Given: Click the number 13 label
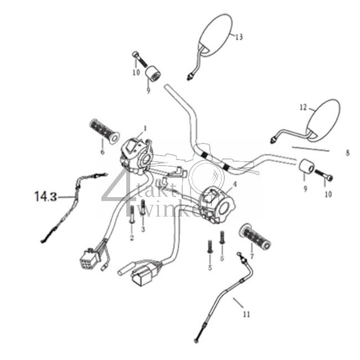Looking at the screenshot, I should pyautogui.click(x=239, y=38).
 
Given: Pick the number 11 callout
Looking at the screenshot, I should pyautogui.click(x=246, y=314).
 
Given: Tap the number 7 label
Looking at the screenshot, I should pyautogui.click(x=252, y=256).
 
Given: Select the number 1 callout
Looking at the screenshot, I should pyautogui.click(x=145, y=128).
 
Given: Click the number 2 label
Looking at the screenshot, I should pyautogui.click(x=132, y=238).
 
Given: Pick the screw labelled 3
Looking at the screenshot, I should pyautogui.click(x=143, y=210).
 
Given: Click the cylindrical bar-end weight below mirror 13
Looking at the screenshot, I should pyautogui.click(x=152, y=73).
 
